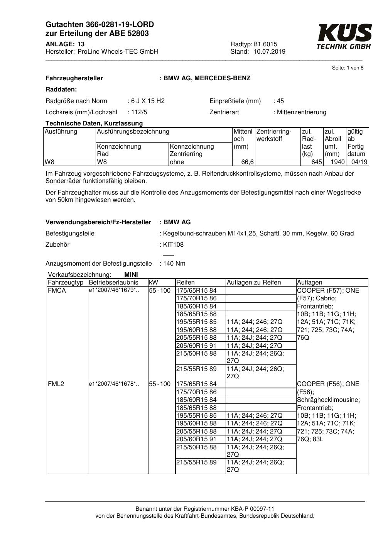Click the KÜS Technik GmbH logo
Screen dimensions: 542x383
click(344, 37)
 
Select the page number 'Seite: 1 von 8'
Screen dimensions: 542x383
click(348, 68)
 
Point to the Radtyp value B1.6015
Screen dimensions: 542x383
click(265, 44)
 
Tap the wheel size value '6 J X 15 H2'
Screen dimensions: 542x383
click(148, 101)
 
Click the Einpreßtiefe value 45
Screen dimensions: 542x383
click(280, 101)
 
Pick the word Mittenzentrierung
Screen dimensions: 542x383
click(302, 112)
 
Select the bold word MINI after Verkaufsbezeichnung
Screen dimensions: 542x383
click(131, 275)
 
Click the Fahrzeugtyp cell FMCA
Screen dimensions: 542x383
click(57, 291)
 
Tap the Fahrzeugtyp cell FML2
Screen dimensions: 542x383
click(56, 384)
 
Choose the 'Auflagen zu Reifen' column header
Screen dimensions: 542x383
click(254, 283)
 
